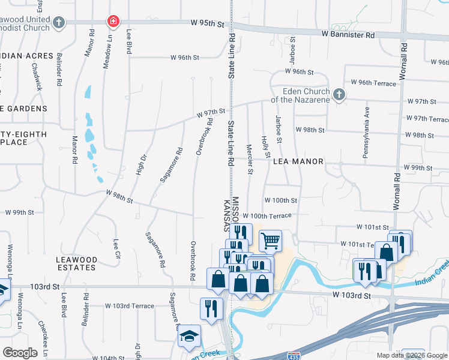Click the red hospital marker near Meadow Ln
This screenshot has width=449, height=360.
[x=112, y=22]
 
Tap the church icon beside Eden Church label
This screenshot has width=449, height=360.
[x=339, y=95]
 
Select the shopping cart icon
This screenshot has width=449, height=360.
[x=270, y=241]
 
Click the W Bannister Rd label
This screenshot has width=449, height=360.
[x=348, y=35]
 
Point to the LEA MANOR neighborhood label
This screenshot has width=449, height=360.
[x=298, y=161]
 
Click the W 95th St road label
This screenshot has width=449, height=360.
[x=207, y=23]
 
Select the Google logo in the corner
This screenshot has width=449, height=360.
[x=20, y=352]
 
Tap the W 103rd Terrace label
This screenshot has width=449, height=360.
[x=130, y=306]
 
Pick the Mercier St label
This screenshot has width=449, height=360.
[x=249, y=156]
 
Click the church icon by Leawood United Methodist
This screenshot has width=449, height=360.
[x=58, y=23]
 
